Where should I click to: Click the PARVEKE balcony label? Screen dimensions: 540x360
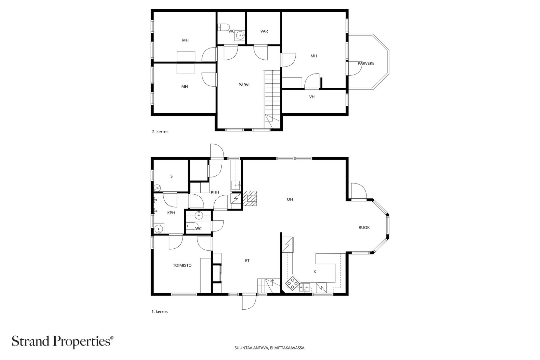tap(366, 63)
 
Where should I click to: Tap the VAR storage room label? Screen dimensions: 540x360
tap(264, 31)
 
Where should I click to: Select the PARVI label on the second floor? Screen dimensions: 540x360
tap(244, 85)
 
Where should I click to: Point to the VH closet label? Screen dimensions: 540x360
tap(312, 97)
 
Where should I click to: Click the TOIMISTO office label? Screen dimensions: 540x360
tap(182, 265)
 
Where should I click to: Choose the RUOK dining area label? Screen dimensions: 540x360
tap(364, 227)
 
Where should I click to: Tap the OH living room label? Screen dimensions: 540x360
tap(290, 199)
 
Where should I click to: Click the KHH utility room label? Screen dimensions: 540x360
tap(215, 192)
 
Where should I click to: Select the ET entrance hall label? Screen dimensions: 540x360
tap(247, 260)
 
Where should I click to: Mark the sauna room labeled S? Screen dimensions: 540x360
tap(171, 176)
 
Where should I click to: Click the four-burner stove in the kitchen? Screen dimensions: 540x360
tap(293, 283)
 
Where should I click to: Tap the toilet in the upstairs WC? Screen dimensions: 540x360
tap(223, 27)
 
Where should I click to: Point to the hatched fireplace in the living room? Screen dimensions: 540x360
tap(250, 198)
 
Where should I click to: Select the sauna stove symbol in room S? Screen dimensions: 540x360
tap(157, 187)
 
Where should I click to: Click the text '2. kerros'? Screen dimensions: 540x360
tap(160, 132)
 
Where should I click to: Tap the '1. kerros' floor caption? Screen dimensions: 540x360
tap(159, 311)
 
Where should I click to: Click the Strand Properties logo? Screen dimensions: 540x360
tap(62, 342)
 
